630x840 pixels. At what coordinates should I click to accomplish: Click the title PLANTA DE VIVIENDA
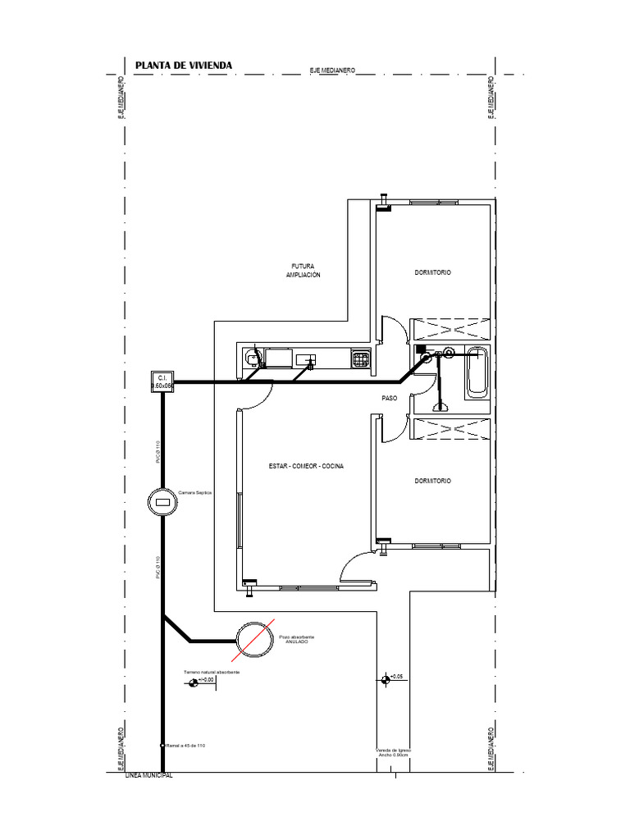point(183,65)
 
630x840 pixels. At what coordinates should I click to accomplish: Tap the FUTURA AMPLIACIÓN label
point(303,271)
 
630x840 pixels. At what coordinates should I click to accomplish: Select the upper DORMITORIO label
point(432,272)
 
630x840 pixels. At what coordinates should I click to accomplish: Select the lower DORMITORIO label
point(432,481)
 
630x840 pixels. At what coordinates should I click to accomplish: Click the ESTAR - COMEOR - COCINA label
point(306,466)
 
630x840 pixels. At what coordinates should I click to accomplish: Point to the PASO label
point(390,398)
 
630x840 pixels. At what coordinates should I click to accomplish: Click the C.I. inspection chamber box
point(162,381)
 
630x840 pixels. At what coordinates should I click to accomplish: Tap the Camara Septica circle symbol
point(162,501)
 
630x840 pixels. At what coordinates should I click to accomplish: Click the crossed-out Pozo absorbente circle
point(253,638)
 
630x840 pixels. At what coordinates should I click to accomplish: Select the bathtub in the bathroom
point(476,373)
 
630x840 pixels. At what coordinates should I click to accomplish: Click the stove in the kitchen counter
point(360,358)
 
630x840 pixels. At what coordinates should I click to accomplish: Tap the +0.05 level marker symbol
point(385,678)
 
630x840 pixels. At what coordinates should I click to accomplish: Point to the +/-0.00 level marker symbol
point(194,682)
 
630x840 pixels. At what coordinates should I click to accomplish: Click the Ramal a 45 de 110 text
point(185,746)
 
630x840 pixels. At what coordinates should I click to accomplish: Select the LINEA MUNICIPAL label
point(148,776)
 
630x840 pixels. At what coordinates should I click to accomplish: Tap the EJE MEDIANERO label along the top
point(331,71)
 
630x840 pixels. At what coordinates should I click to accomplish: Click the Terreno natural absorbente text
point(212,672)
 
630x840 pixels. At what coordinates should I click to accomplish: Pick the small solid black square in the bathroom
point(420,349)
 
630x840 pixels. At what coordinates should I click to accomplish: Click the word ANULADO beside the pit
point(296,642)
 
